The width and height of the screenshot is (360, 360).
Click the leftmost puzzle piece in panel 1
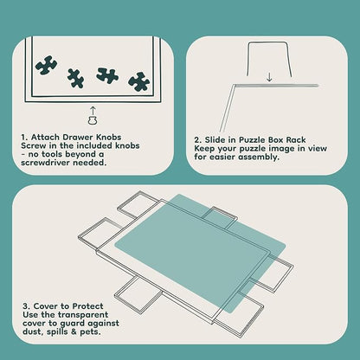tap(46, 65)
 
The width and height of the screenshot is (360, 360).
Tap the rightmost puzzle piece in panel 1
tap(139, 81)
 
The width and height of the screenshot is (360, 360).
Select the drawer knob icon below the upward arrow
tap(93, 120)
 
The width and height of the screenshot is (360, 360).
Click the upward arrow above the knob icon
tap(93, 111)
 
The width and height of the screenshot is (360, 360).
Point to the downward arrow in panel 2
tap(269, 77)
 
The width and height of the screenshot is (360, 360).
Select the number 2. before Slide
tap(197, 140)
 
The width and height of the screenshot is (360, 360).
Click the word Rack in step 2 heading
tap(296, 140)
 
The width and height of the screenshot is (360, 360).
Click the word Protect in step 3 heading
tap(87, 306)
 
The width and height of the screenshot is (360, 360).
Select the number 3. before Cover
tap(27, 306)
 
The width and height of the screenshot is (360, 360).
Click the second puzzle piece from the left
tap(75, 78)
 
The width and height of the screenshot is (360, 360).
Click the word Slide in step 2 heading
tap(215, 140)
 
